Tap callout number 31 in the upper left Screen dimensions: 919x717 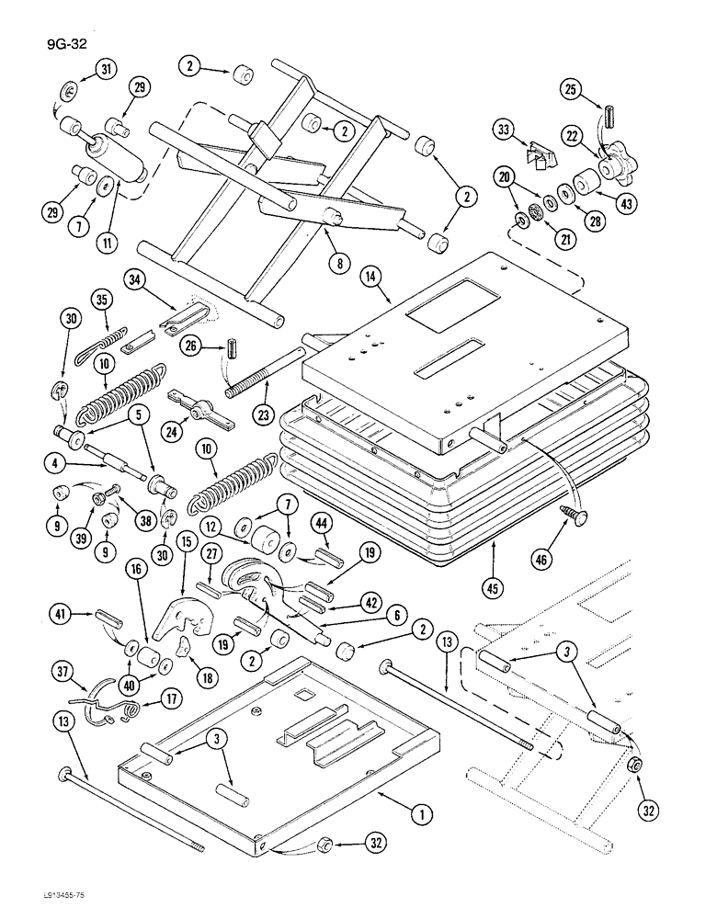[107, 70]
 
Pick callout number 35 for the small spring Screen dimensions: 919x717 [101, 299]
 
